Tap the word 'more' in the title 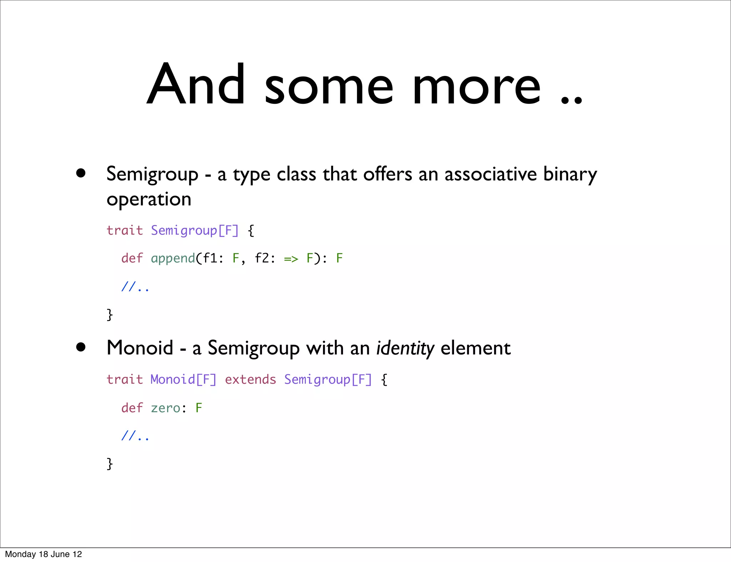[x=477, y=87]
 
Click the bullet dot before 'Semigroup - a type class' [x=81, y=173]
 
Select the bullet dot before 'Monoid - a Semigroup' [x=81, y=347]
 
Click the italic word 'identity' [x=405, y=348]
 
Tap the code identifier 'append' [x=173, y=259]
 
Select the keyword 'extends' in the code [x=250, y=379]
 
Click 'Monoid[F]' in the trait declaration [x=183, y=379]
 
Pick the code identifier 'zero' [x=165, y=408]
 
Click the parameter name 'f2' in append [x=262, y=258]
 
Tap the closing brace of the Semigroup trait [x=110, y=315]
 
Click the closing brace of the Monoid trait [x=110, y=464]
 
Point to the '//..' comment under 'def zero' [x=135, y=436]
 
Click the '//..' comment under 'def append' [x=135, y=287]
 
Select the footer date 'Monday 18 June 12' [x=43, y=554]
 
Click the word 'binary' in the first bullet [x=570, y=175]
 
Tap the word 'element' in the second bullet [x=475, y=348]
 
